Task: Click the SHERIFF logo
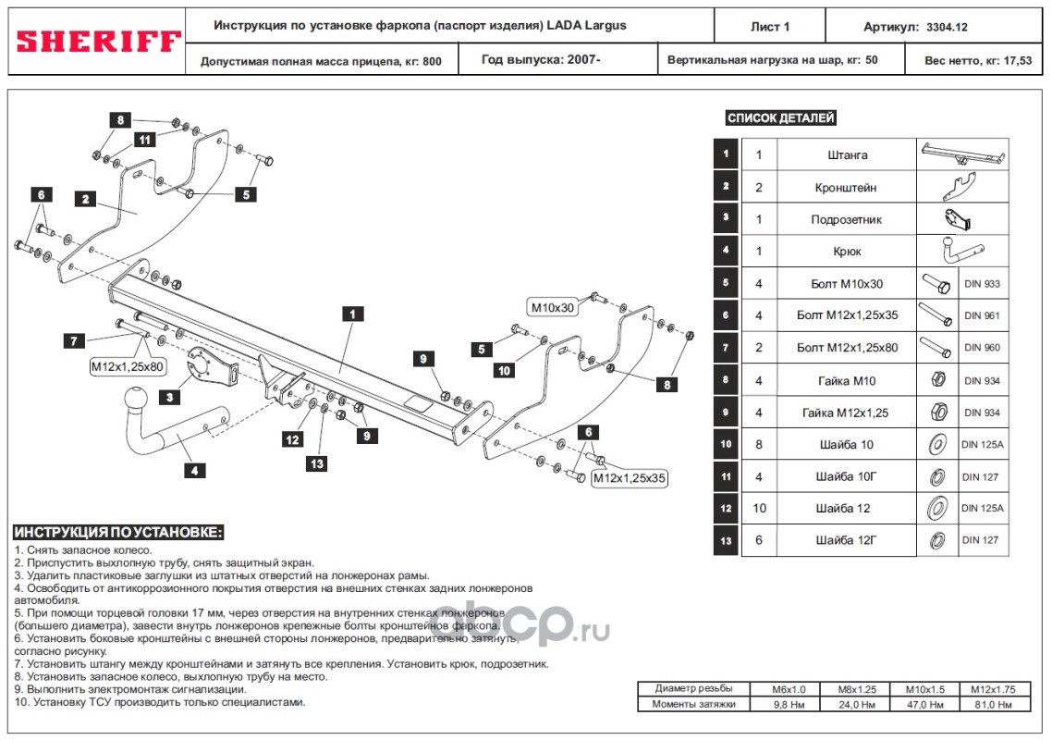tap(96, 42)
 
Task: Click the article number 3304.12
tap(953, 27)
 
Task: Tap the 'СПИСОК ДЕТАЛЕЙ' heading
tap(781, 118)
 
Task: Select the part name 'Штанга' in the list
tap(847, 155)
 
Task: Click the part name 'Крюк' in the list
tap(847, 252)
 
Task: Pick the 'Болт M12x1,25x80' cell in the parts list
tap(847, 348)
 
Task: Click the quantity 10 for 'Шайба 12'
tap(759, 508)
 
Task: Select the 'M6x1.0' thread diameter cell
tap(789, 689)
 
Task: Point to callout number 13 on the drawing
tap(317, 463)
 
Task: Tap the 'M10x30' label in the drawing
tap(552, 307)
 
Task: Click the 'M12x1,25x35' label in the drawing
tap(629, 478)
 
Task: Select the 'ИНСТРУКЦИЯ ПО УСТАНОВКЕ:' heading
tap(118, 534)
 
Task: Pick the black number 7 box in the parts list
tap(727, 348)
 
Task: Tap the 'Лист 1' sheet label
tap(770, 27)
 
